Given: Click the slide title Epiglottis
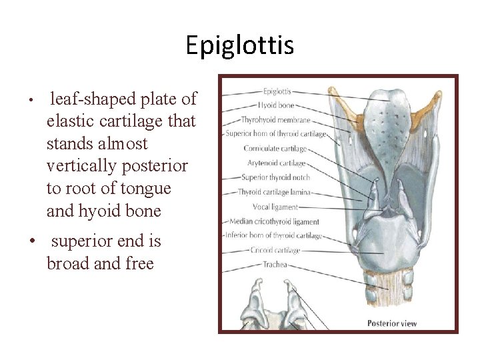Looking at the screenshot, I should pyautogui.click(x=239, y=45).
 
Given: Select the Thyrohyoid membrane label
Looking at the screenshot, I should pyautogui.click(x=275, y=120).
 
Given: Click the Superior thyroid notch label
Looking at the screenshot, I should pyautogui.click(x=273, y=177).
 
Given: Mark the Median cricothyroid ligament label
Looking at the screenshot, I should pyautogui.click(x=275, y=221).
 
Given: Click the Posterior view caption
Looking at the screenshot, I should pyautogui.click(x=392, y=323).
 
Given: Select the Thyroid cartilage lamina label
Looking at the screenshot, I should pyautogui.click(x=275, y=192).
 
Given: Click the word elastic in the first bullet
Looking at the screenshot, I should pyautogui.click(x=71, y=121).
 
